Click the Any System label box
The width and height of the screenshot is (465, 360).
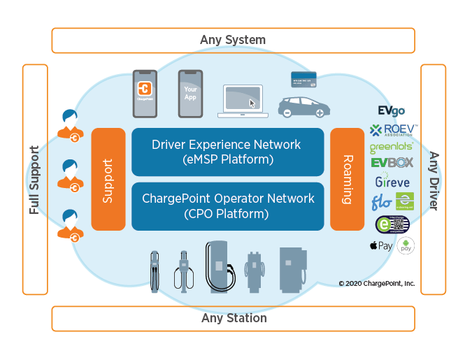click(x=233, y=40)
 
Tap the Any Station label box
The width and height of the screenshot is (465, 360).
click(x=233, y=318)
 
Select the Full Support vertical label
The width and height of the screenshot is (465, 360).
click(x=35, y=179)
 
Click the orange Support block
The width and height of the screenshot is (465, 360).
click(x=108, y=179)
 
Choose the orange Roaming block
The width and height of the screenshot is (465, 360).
click(x=347, y=179)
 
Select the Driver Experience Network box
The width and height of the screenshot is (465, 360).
click(x=227, y=152)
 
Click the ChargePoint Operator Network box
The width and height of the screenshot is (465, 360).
click(x=227, y=206)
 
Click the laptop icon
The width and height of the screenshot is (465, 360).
click(x=243, y=101)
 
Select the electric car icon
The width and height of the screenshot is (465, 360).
click(x=303, y=107)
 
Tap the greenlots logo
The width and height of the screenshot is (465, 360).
click(x=392, y=147)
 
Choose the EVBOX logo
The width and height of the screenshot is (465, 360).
click(x=392, y=164)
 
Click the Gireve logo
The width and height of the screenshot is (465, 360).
click(x=392, y=182)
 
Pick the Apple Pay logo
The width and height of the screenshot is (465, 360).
click(x=381, y=246)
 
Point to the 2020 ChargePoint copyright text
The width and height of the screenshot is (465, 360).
click(x=376, y=283)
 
